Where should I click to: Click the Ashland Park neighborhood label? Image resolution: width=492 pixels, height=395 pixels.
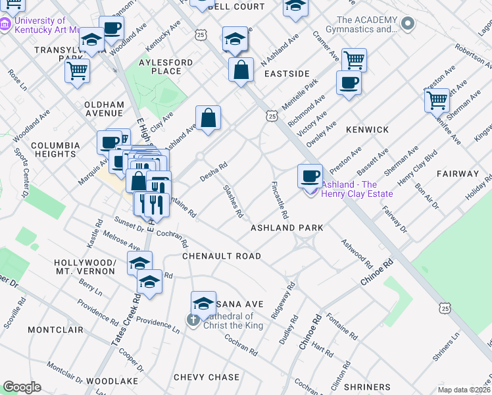coord(287,228)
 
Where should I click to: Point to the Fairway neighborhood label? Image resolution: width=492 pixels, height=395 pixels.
coord(457,174)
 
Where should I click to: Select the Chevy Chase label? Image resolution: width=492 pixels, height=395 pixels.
coord(207,377)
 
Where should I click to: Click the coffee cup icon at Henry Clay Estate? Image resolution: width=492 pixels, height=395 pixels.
coord(310,176)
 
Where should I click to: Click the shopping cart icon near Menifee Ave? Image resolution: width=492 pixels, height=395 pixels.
coord(437,100)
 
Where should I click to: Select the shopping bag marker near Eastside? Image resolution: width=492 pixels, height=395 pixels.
coord(241,69)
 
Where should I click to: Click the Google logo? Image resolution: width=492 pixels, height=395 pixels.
coord(22,387)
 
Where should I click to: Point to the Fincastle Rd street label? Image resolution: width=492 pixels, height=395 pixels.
coord(280,201)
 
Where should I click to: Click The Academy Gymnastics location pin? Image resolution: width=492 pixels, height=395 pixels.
coord(408,24)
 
